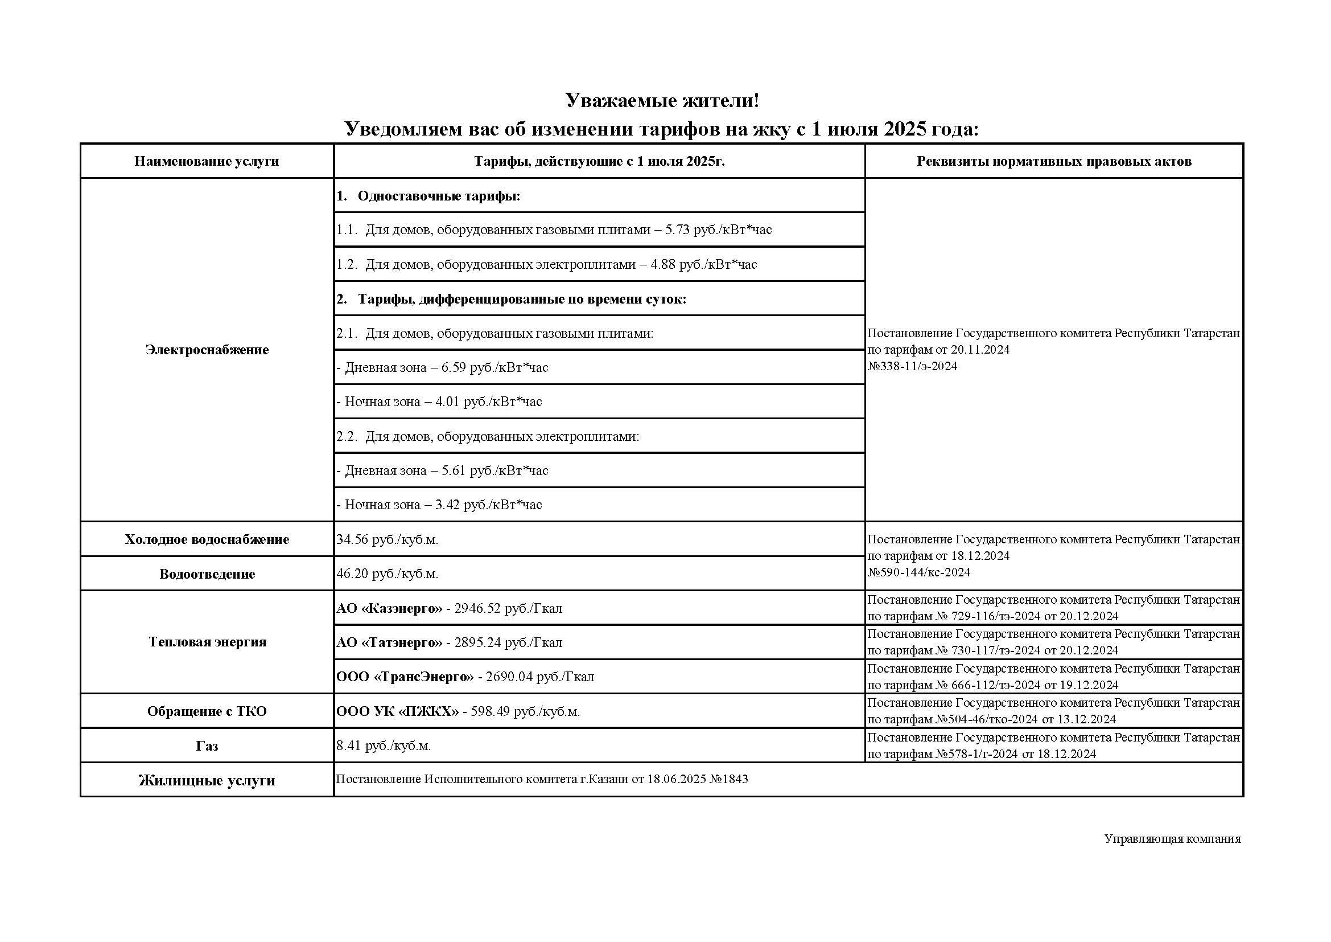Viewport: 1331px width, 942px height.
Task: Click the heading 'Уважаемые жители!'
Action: coord(661,101)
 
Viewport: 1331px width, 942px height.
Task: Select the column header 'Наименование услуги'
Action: coord(207,161)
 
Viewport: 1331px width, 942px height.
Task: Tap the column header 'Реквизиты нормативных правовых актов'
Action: coord(1053,161)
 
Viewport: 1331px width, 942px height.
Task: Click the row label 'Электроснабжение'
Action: coord(207,350)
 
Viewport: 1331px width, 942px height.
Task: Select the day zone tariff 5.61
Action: coord(495,470)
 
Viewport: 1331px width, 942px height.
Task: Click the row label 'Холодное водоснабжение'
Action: coord(207,539)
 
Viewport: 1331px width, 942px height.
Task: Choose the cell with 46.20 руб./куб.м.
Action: coord(388,574)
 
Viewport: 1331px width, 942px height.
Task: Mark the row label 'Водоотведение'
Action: coord(207,574)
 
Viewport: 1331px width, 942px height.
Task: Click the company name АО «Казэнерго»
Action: coord(389,608)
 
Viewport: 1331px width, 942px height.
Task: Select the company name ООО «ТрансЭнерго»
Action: coord(405,677)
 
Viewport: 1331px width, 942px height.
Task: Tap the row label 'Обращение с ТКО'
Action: coord(207,711)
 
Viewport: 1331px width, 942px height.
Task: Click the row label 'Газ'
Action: coord(207,746)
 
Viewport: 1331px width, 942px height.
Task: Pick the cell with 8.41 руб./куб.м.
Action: coord(383,746)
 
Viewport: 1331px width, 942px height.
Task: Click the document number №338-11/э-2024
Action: coord(912,366)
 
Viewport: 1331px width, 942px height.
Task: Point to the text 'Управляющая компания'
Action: coord(1172,839)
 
